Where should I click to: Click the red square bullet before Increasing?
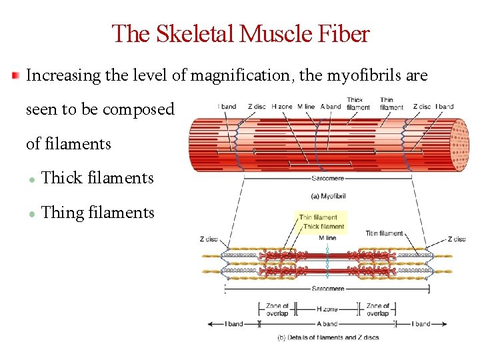click(16, 75)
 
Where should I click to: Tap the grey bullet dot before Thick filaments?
click(31, 179)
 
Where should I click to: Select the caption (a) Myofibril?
click(329, 196)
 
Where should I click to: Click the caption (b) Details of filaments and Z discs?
click(328, 337)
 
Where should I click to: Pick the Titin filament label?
click(385, 233)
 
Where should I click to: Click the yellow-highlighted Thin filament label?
click(318, 217)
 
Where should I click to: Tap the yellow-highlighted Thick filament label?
click(323, 227)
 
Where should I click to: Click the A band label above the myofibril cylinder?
click(330, 107)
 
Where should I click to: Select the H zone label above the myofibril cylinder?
click(282, 107)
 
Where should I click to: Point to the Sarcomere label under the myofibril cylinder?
click(328, 179)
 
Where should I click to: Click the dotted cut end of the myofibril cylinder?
click(459, 145)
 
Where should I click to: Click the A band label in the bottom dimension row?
click(327, 324)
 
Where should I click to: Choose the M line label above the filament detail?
click(327, 238)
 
